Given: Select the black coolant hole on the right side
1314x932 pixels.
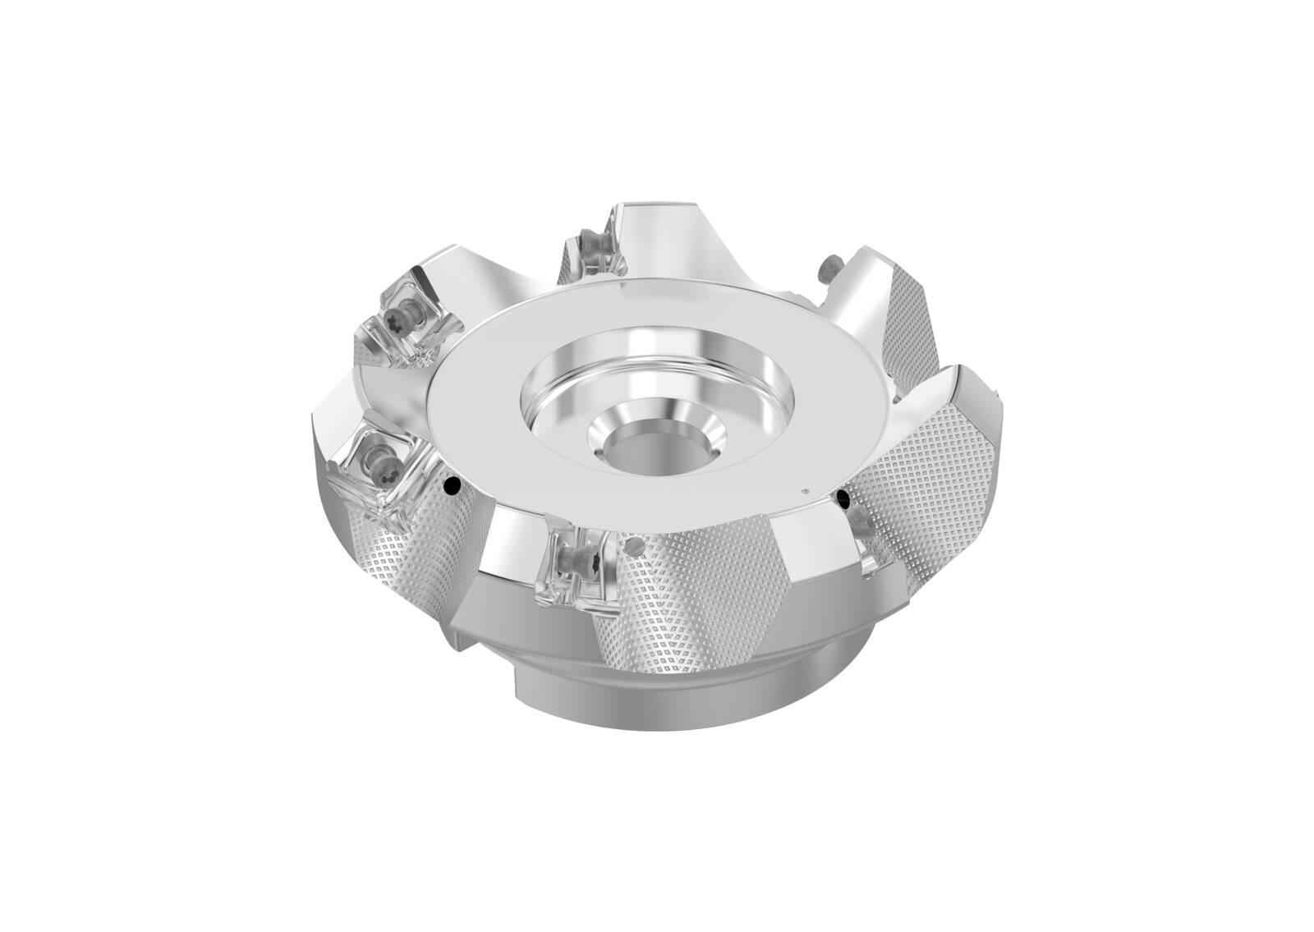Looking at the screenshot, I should pyautogui.click(x=843, y=498).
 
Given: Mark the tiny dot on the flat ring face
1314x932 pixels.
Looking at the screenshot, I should pyautogui.click(x=805, y=492).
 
